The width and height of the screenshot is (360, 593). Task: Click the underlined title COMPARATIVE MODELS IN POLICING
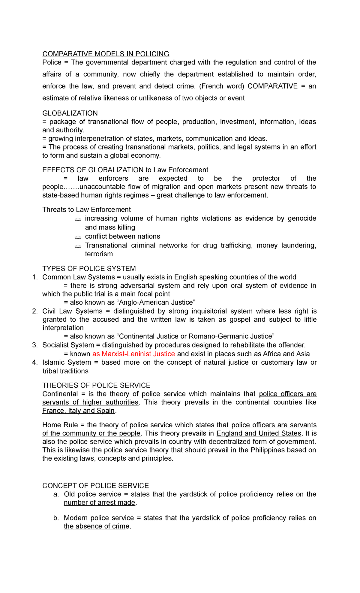(106, 54)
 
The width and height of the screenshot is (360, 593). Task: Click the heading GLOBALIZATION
(70, 113)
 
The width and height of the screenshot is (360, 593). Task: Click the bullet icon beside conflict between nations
(78, 237)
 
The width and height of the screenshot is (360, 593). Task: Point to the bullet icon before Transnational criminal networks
(78, 246)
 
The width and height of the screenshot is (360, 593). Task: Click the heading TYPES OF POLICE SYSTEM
(89, 269)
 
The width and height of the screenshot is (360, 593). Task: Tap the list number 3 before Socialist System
(35, 345)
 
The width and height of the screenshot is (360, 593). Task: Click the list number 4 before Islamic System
(35, 363)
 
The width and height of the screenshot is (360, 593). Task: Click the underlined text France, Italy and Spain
(79, 411)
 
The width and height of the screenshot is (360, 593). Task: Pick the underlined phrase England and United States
(259, 433)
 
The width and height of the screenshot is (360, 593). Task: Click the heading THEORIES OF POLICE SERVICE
(96, 385)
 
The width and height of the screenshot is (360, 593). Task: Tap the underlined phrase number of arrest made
(100, 503)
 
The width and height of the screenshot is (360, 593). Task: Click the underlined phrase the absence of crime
(97, 526)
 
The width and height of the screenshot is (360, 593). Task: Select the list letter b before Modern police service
(56, 518)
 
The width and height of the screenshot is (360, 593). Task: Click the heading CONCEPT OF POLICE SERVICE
(95, 486)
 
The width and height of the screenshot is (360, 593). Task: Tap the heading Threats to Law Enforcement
(86, 210)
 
